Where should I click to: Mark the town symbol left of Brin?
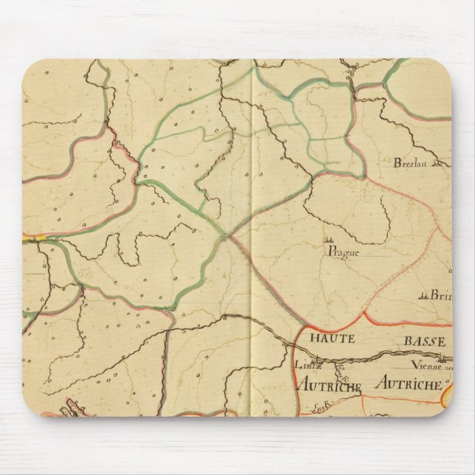[x=424, y=296]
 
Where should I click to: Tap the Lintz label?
[x=303, y=364]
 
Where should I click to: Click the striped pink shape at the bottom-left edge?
[x=74, y=408]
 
